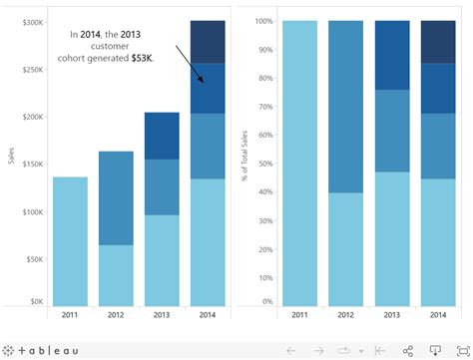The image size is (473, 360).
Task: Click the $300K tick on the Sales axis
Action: pos(31,22)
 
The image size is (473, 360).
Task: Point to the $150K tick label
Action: pos(31,164)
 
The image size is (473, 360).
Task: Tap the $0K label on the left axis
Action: pos(35,301)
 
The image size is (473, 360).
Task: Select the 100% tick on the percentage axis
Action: pos(262,21)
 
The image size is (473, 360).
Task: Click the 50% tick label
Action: pos(264,162)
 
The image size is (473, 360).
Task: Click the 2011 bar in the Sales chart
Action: pos(70,240)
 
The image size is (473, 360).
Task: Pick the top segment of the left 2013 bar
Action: pos(162,136)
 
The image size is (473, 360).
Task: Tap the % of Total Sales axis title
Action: pos(244,165)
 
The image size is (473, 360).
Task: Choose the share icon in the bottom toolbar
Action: pos(408,350)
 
